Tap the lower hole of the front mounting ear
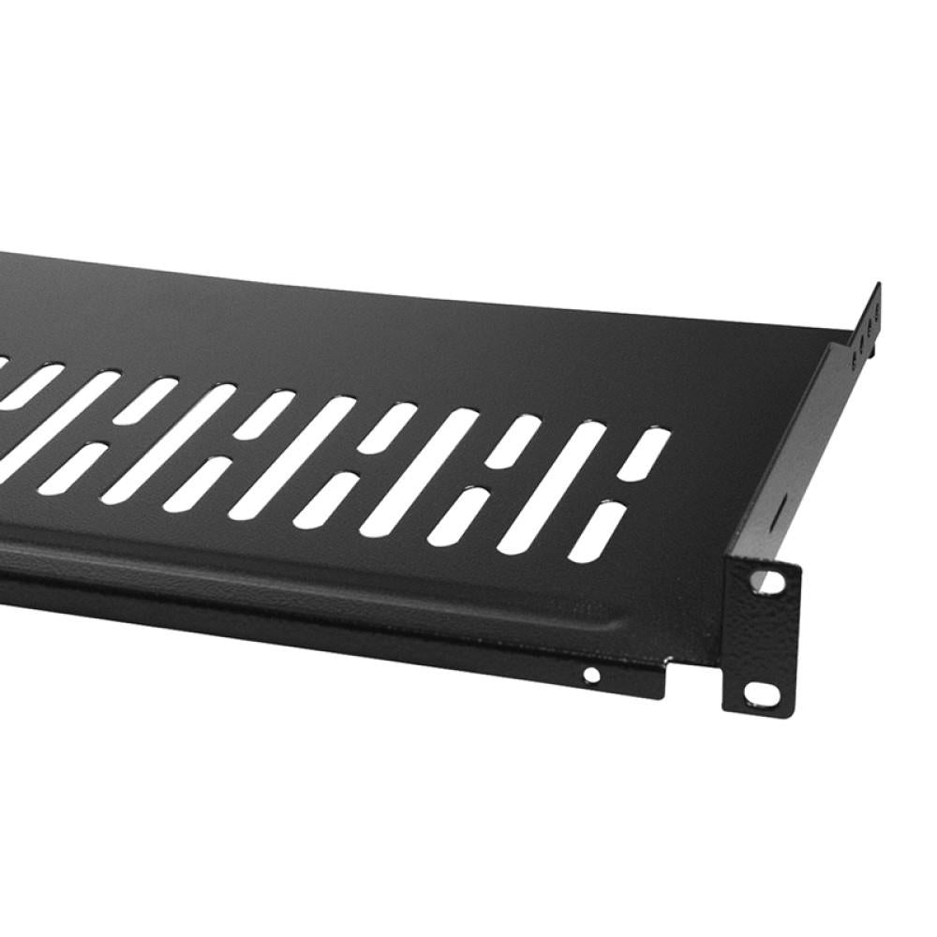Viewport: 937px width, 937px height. [761, 694]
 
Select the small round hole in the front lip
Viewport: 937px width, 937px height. [591, 674]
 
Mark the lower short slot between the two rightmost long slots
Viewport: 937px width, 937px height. [459, 515]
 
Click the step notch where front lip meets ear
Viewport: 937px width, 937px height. [668, 662]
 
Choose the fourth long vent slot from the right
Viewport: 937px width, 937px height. [167, 444]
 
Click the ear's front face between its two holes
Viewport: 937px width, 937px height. [764, 637]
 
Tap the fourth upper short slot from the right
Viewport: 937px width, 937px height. [263, 412]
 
